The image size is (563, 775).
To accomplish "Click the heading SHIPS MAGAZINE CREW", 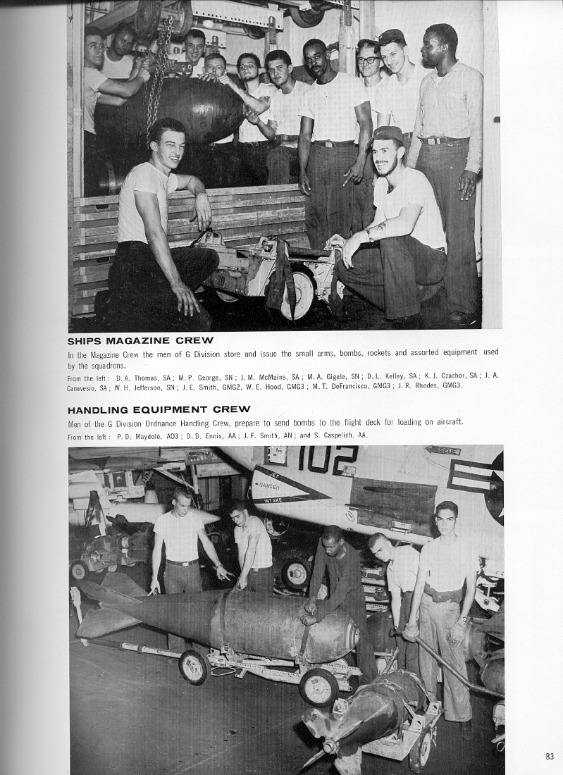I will pos(140,340).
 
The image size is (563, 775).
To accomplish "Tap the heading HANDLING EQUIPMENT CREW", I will pos(159,409).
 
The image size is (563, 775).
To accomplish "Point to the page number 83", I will pos(550,756).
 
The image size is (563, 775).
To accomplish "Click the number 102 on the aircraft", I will pos(327,459).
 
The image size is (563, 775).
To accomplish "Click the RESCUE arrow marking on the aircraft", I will pos(442,450).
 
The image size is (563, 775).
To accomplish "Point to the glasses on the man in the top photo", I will pos(366,60).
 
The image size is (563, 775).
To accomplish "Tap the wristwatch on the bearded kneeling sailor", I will pos(368,233).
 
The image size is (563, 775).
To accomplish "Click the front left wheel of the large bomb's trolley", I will pos(193,666).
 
